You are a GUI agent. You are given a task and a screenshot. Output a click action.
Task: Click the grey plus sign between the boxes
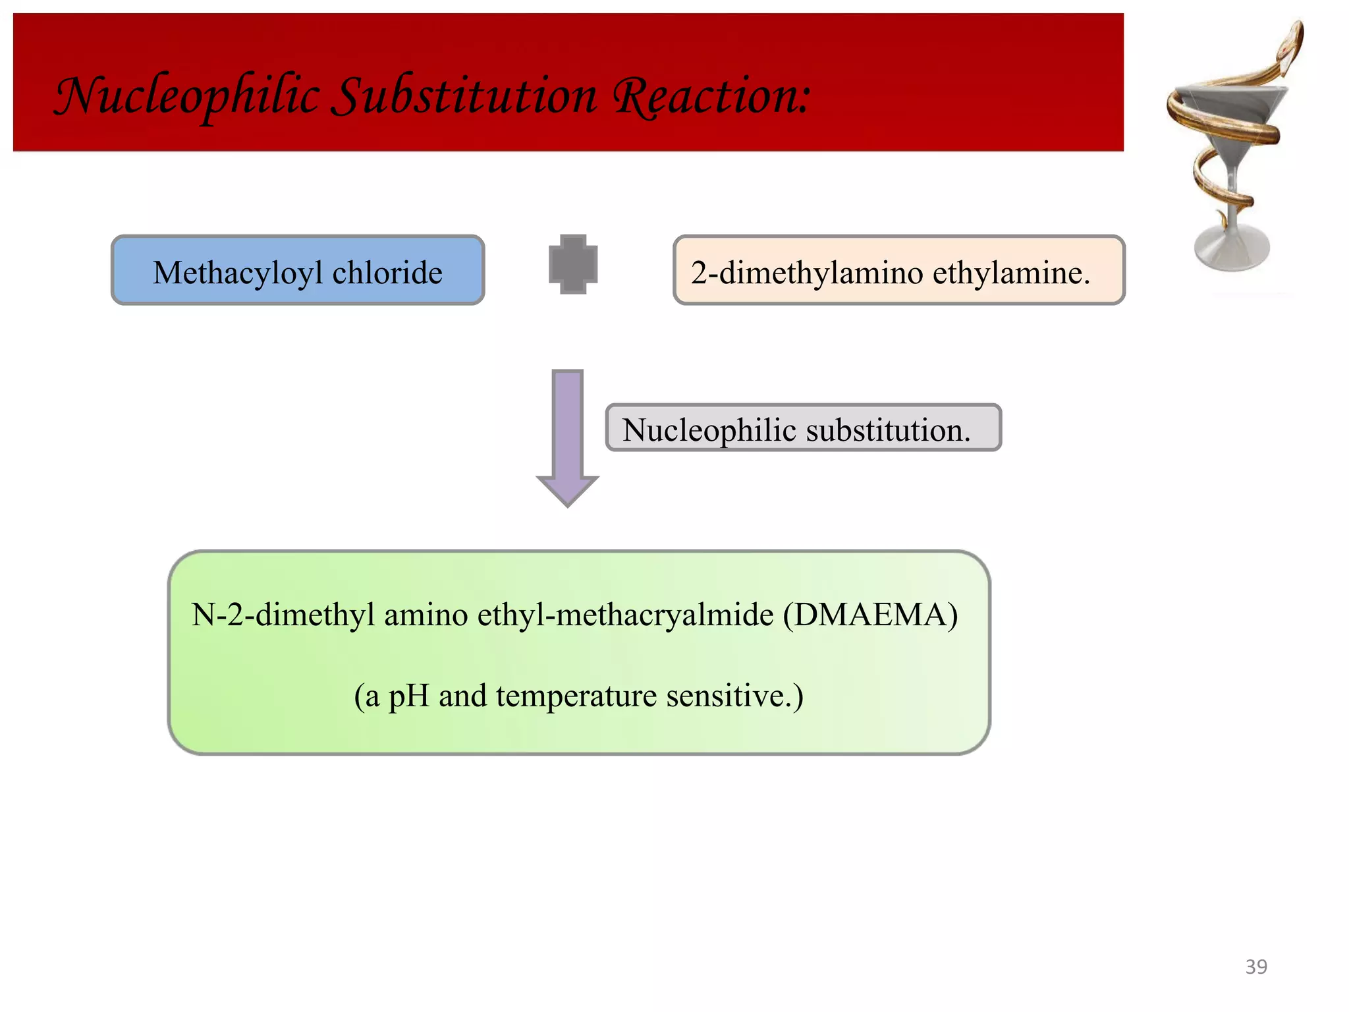(573, 264)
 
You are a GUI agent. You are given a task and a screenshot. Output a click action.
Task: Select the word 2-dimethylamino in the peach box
(806, 273)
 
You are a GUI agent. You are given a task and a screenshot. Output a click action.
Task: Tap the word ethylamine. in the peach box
(1011, 273)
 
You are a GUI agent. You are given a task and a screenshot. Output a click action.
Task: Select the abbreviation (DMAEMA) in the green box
(870, 615)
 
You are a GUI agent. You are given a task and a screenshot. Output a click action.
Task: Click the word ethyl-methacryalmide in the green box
(625, 615)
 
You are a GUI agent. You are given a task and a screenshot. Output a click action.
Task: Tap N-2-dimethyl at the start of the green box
(283, 615)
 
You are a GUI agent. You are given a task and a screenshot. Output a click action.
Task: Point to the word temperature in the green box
(576, 696)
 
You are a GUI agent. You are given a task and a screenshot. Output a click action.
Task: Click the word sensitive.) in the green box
(734, 696)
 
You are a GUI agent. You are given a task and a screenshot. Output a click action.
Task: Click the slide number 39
(1256, 967)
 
